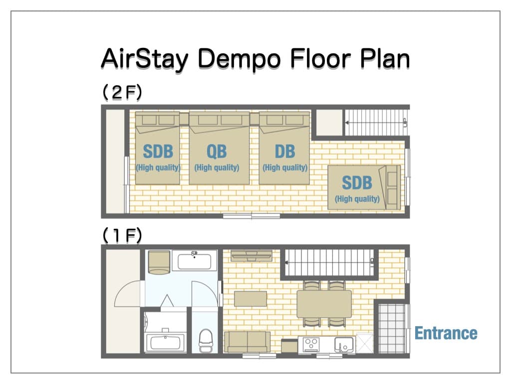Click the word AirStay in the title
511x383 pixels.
tap(145, 59)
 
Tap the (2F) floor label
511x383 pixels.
tap(122, 92)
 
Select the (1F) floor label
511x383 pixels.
tap(122, 235)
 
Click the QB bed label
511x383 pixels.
tap(217, 152)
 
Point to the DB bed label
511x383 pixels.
tap(285, 152)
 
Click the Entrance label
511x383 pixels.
tap(446, 333)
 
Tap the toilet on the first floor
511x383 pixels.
tap(206, 340)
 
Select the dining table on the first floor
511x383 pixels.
tap(324, 304)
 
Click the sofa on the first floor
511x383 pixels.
tap(248, 342)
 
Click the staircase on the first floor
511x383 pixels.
tap(329, 262)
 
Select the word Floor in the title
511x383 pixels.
tap(320, 59)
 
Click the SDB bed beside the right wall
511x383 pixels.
tap(364, 188)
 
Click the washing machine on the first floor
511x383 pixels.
tap(159, 262)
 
